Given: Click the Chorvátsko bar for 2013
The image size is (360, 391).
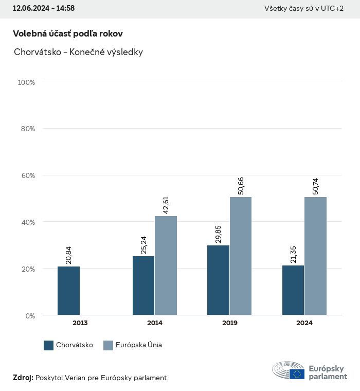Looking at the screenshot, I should click(x=68, y=291).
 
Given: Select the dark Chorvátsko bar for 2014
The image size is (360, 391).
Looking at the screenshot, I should click(x=143, y=286).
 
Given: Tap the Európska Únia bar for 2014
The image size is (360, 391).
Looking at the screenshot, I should click(x=166, y=265).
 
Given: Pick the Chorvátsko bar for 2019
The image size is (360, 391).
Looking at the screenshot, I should click(x=218, y=280).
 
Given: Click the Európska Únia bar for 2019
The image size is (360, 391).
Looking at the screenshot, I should click(x=241, y=256).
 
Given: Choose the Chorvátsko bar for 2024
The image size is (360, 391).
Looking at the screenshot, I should click(x=293, y=290).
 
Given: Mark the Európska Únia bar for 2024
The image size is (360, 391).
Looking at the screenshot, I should click(x=315, y=256).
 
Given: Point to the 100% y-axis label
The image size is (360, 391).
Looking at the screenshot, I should click(x=26, y=82).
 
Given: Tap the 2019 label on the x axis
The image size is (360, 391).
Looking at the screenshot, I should click(x=229, y=323).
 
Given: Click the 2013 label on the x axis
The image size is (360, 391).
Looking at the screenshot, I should click(x=80, y=323).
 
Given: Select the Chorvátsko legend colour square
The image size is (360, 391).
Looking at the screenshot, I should click(x=49, y=345).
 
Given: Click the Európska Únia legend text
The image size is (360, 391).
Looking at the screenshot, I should click(x=139, y=345).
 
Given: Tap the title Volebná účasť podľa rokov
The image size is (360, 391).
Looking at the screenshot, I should click(x=68, y=33).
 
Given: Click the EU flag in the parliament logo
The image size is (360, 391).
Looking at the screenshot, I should click(x=297, y=374).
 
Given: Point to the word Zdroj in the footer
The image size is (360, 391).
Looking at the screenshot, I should click(x=23, y=378).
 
